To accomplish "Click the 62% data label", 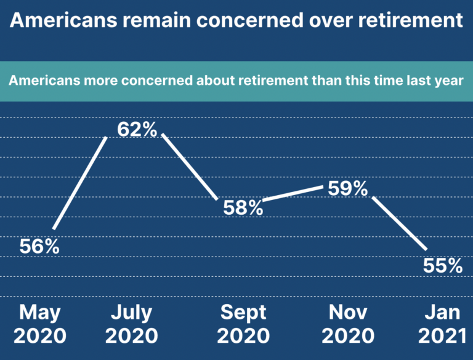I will pos(137,130).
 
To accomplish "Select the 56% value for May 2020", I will pos(39,246).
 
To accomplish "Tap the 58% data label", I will pos(243,208).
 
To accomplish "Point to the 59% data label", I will pos(347,188).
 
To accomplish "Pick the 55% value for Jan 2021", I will pos(442,265).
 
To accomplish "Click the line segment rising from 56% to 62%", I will pos(81,183).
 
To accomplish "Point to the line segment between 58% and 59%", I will pos(293,194).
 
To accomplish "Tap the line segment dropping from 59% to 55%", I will pos(398,223).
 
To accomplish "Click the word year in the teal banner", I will pos(449,81).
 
